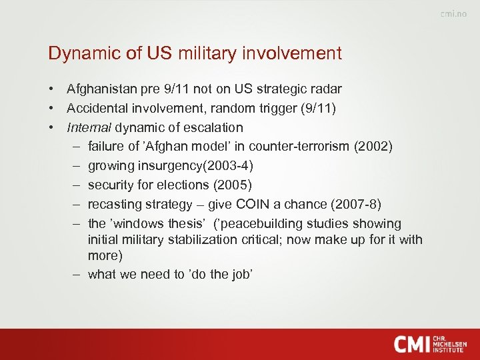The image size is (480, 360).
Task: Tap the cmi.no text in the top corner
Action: (x=453, y=15)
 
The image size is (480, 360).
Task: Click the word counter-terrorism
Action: (x=301, y=147)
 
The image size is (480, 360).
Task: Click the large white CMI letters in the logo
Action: (x=414, y=344)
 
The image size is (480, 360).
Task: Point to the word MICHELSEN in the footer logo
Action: (x=450, y=344)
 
